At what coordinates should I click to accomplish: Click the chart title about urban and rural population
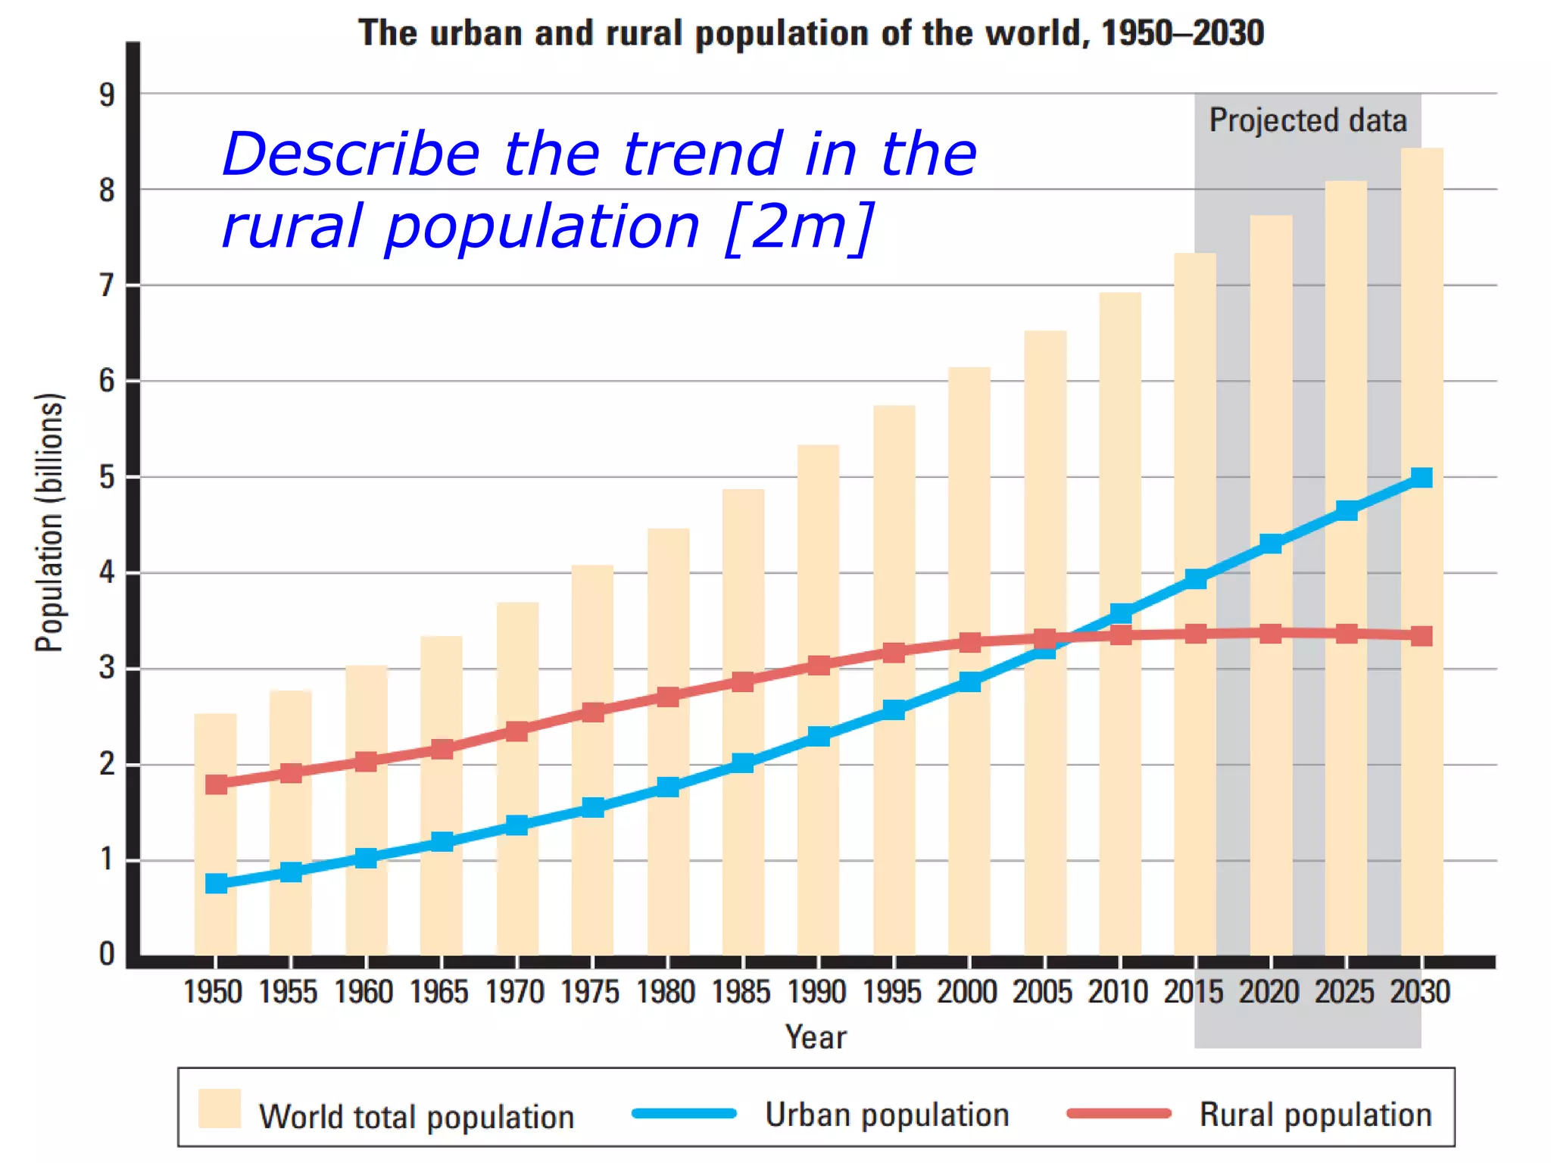click(810, 34)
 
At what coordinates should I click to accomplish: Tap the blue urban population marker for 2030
click(1421, 477)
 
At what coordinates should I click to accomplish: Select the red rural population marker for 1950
click(216, 784)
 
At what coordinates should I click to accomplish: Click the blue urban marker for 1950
click(216, 883)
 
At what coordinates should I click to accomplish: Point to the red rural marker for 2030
click(1421, 635)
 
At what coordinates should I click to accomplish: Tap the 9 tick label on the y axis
click(107, 95)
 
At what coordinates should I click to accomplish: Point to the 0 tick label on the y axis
click(107, 954)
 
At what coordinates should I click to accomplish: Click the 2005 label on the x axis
click(1042, 992)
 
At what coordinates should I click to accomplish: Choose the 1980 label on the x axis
click(665, 992)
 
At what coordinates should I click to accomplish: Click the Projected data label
click(1307, 121)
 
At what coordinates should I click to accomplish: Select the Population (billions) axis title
click(50, 522)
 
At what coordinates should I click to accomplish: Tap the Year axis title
click(816, 1037)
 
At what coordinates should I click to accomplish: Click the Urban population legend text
click(887, 1115)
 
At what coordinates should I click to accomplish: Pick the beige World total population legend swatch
click(220, 1108)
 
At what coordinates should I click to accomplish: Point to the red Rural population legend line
click(1119, 1113)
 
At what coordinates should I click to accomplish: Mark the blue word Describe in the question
click(351, 154)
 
